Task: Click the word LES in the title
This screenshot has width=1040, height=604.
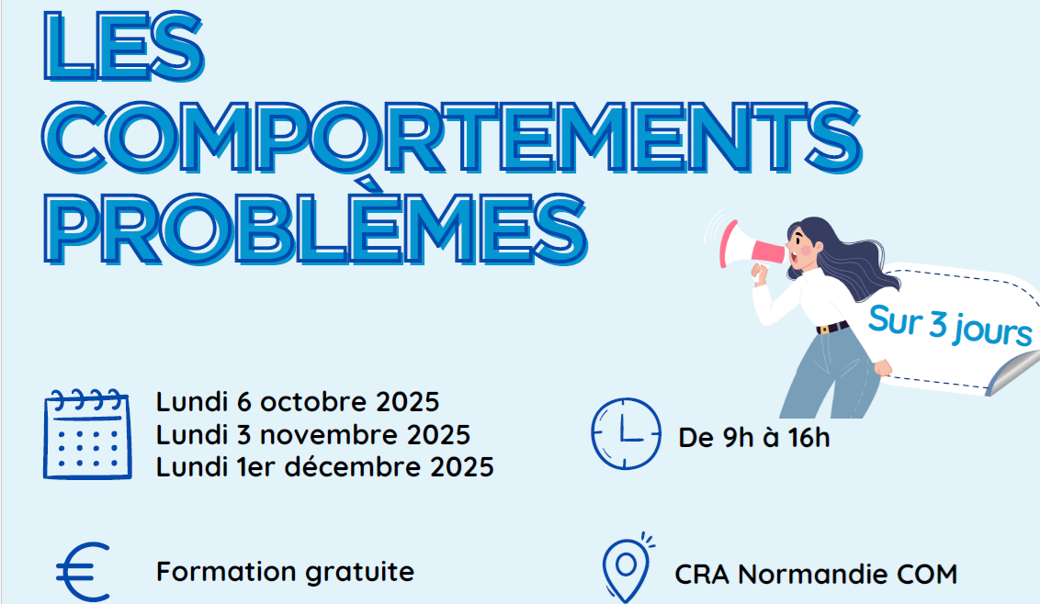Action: (124, 47)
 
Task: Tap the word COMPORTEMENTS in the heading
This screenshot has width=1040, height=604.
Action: (452, 138)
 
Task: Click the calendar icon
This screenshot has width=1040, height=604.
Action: (87, 434)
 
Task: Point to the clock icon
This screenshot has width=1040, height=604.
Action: (626, 434)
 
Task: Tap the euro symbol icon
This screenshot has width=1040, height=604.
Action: (83, 572)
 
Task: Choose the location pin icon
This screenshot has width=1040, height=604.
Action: (627, 568)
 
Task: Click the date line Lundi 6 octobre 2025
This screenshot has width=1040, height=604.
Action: (298, 402)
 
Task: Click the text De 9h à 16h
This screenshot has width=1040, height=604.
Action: (754, 438)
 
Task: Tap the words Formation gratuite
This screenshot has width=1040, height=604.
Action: (285, 572)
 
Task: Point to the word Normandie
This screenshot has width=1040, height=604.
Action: (813, 574)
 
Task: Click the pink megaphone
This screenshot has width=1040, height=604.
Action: (751, 245)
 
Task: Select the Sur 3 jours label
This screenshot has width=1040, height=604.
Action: (950, 326)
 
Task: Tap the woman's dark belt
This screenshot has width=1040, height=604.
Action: (832, 327)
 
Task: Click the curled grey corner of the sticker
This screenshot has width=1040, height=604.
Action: (1012, 374)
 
